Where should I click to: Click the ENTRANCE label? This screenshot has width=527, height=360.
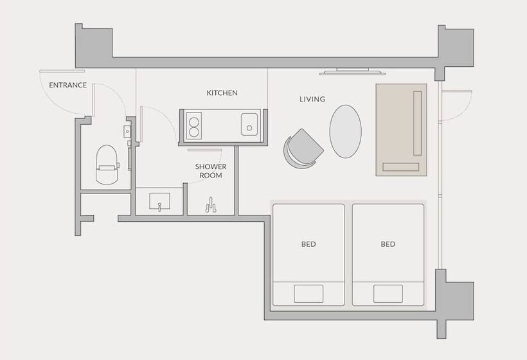(x=68, y=85)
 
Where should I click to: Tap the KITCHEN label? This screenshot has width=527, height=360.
(x=222, y=93)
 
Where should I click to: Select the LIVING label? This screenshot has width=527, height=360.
(x=312, y=99)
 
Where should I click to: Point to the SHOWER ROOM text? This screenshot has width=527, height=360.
(x=211, y=171)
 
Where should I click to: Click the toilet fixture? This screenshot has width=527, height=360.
(x=107, y=165)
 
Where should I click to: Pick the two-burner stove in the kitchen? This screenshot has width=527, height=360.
(x=193, y=126)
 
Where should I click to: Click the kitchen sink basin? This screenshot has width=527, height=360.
(x=249, y=124)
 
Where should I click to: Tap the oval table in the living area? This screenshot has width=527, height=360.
(x=346, y=131)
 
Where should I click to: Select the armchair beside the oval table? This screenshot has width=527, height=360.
(x=302, y=148)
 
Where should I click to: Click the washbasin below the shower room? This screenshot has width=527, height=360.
(x=159, y=201)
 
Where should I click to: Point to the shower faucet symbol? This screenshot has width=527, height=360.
(x=211, y=205)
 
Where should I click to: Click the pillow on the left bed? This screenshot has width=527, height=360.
(x=308, y=293)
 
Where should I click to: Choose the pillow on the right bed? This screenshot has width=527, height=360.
(x=388, y=293)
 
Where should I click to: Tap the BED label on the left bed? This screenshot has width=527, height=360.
(x=308, y=244)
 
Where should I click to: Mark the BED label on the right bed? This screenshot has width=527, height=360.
(x=388, y=244)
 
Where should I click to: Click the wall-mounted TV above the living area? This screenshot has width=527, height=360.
(x=352, y=71)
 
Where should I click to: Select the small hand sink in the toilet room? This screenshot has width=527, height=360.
(x=127, y=131)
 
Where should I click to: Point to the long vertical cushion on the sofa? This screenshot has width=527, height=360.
(x=418, y=123)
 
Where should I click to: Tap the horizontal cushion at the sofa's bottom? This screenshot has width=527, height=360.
(x=401, y=166)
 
